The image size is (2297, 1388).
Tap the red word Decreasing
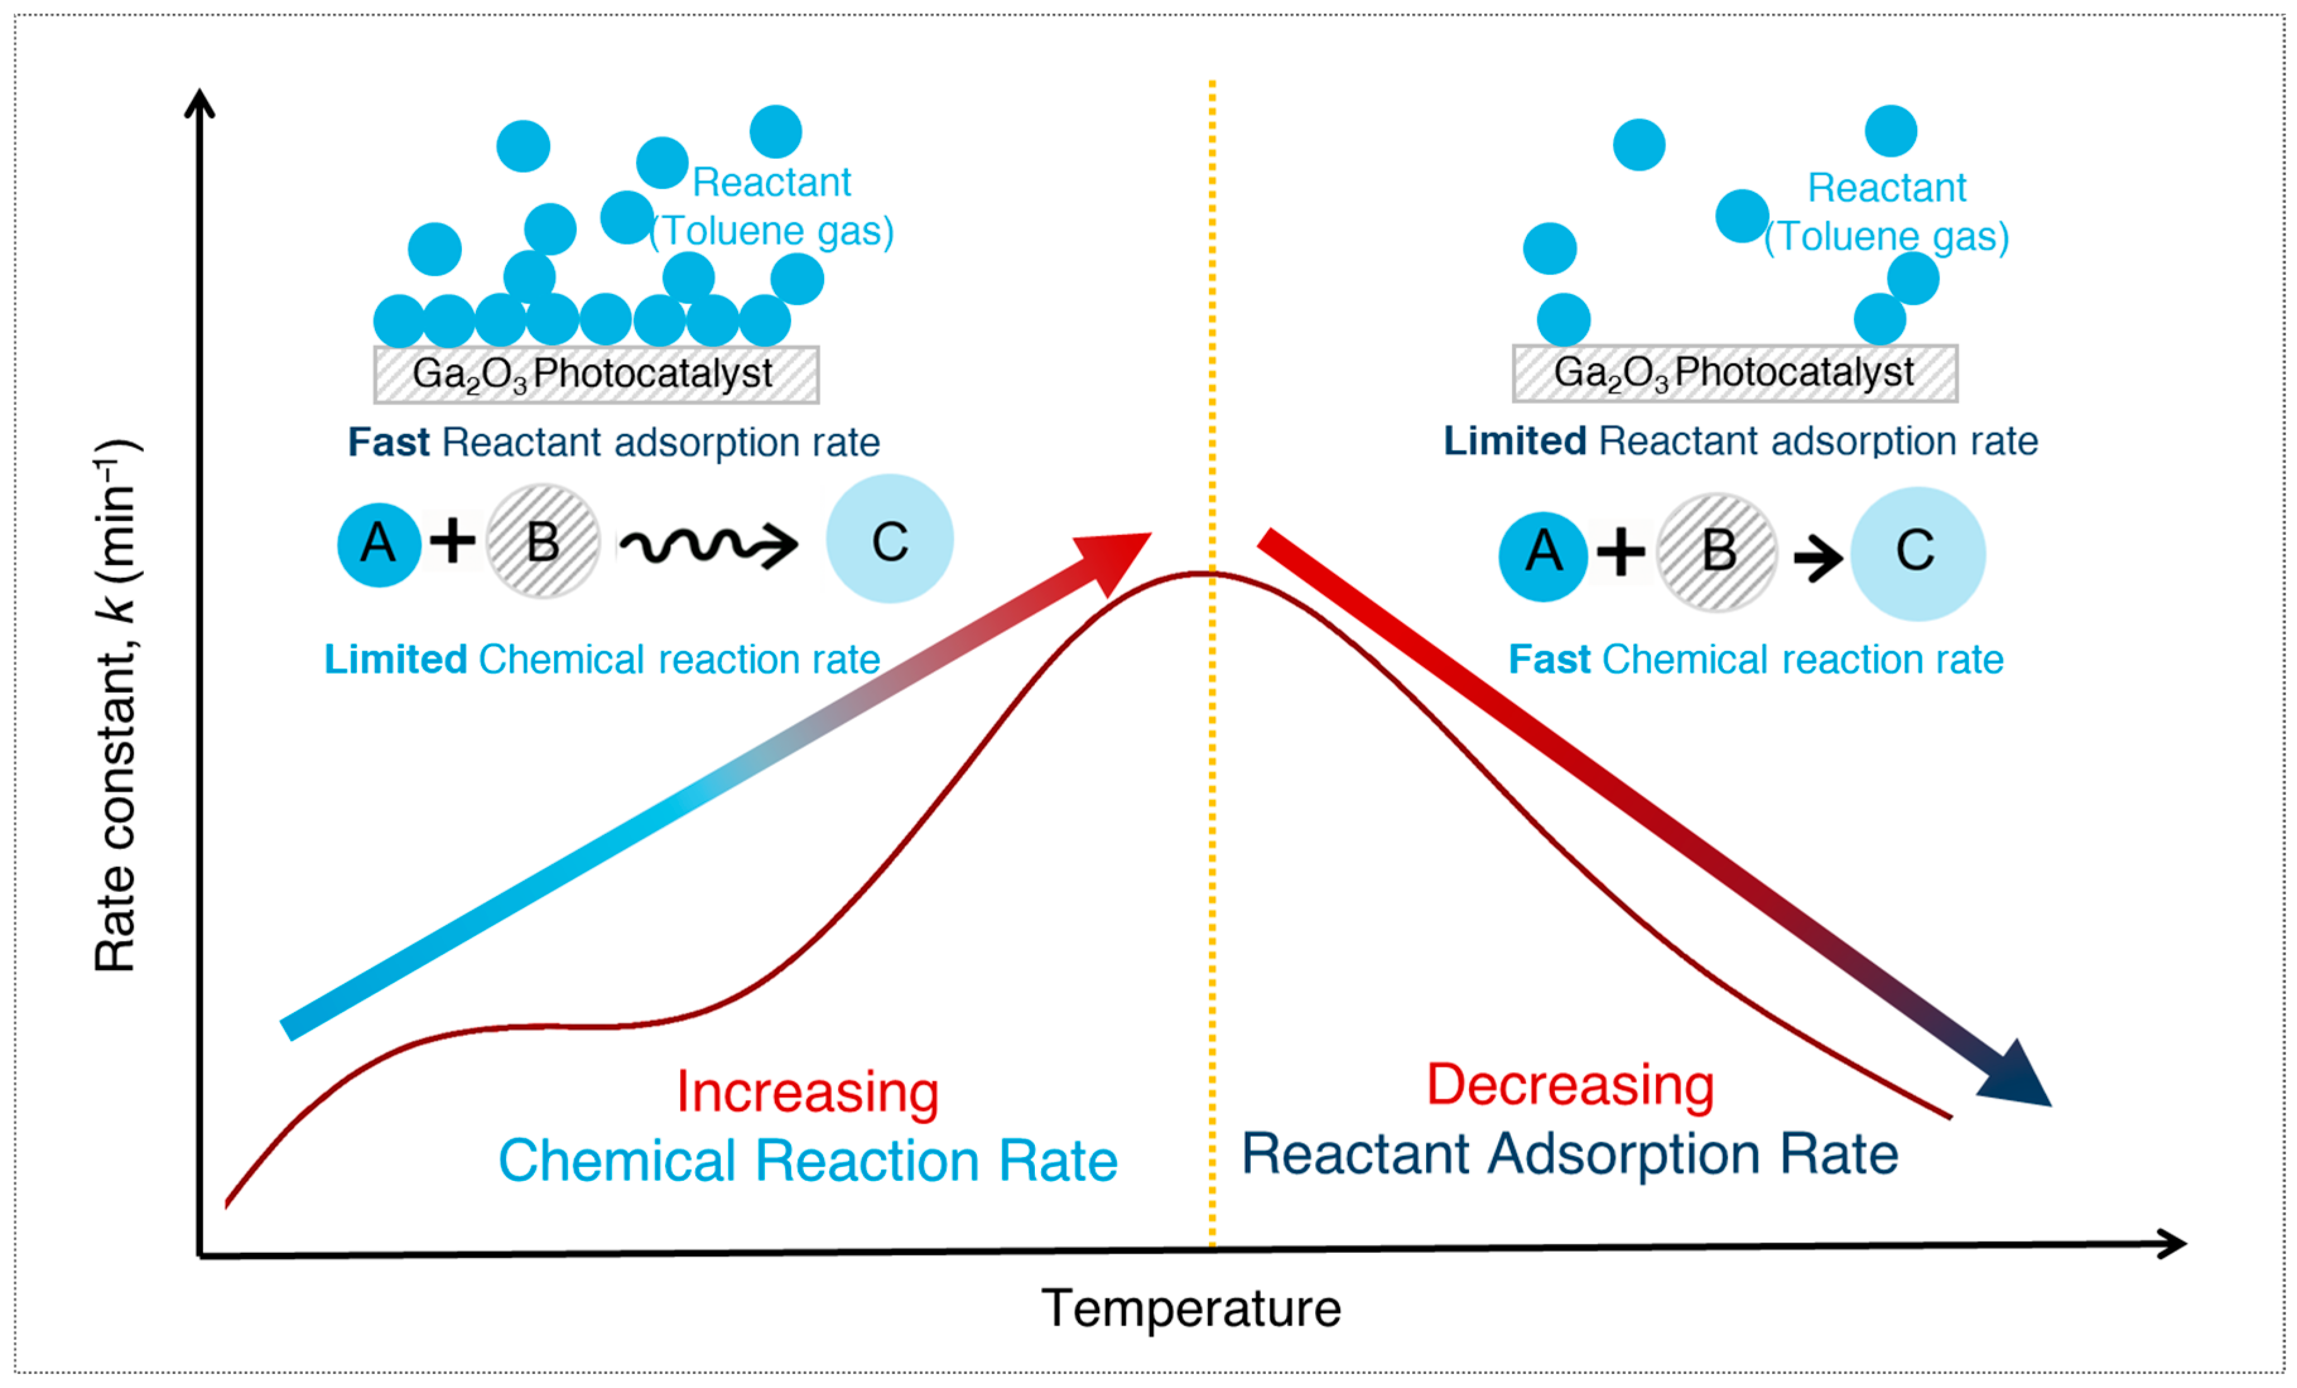(1570, 1085)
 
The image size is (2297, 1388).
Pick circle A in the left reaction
(379, 544)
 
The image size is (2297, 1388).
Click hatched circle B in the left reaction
(543, 541)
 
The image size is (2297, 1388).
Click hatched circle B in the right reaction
(1717, 553)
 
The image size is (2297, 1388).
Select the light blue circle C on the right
(1918, 553)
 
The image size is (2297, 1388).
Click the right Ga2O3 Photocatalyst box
(1734, 373)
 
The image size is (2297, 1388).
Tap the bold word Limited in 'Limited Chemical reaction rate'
(395, 660)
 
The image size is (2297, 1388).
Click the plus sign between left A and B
(453, 541)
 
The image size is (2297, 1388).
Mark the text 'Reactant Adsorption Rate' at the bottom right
(1570, 1154)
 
